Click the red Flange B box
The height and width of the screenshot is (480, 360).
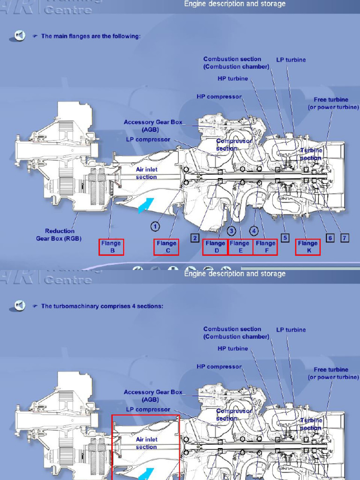(x=111, y=247)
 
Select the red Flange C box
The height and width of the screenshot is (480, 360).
(x=166, y=247)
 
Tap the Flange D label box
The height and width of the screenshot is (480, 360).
(x=215, y=247)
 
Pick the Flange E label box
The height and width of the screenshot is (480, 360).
(x=240, y=247)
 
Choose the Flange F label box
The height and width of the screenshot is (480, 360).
(x=265, y=247)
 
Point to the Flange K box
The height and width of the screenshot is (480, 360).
(x=307, y=247)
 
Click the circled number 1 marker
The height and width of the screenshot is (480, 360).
(x=155, y=226)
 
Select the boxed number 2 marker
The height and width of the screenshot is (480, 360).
(x=195, y=238)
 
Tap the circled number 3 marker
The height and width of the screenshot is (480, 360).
(x=232, y=231)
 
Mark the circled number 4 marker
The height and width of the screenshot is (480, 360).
(x=254, y=231)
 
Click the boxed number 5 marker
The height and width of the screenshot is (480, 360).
(x=285, y=238)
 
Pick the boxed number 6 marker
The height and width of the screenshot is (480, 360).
(x=330, y=238)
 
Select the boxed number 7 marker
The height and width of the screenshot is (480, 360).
(x=345, y=238)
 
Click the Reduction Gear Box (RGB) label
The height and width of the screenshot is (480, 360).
(x=59, y=234)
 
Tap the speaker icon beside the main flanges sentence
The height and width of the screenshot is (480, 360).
(x=20, y=36)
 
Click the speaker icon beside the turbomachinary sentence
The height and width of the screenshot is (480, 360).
(x=20, y=306)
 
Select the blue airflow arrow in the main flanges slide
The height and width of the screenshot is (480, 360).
(x=146, y=205)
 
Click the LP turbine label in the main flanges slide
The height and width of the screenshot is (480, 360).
(x=291, y=60)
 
